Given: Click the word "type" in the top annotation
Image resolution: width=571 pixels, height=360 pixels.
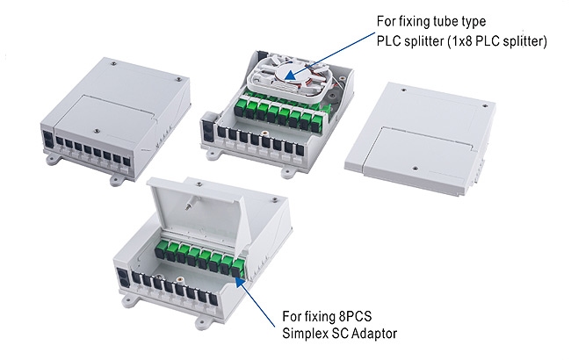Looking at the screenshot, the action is pos(473,22).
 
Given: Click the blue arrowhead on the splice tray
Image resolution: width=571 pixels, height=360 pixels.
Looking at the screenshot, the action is pos(290,75).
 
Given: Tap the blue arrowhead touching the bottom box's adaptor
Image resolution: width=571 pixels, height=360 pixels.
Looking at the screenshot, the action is pos(240,281).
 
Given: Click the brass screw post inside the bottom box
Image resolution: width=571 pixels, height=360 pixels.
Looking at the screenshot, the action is pos(179,280).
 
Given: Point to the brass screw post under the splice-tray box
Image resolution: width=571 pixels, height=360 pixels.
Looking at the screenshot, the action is pos(264,134).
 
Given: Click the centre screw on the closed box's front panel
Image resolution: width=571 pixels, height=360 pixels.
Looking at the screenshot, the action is pos(96,130).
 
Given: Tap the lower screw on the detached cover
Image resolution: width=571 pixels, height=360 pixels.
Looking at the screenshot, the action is pos(416,169).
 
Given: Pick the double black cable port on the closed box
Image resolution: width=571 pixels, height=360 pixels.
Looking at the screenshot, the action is pos(47,140).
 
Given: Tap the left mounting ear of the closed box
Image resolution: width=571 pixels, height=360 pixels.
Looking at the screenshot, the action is pos(53,159).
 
